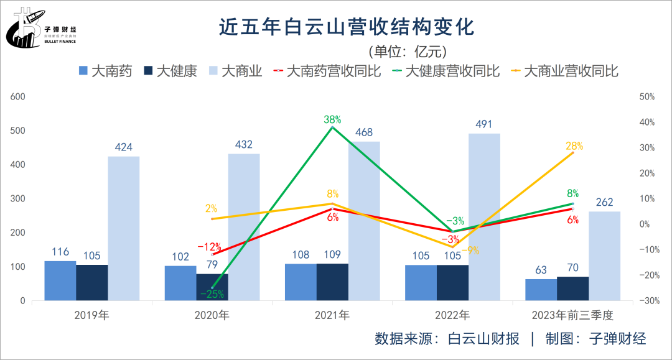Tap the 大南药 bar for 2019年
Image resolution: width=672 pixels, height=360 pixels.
[x=60, y=281]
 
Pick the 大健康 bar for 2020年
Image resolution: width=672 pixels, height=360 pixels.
[x=212, y=287]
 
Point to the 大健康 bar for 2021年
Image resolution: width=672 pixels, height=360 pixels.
[x=332, y=282]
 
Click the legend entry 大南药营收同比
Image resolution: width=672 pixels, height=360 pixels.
[x=327, y=71]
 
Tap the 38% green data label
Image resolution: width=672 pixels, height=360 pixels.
[x=332, y=119]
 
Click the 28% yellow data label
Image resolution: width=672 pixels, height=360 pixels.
[x=574, y=146]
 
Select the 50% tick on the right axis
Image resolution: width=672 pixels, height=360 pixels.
[x=648, y=97]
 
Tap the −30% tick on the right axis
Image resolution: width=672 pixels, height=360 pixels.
[x=647, y=301]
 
